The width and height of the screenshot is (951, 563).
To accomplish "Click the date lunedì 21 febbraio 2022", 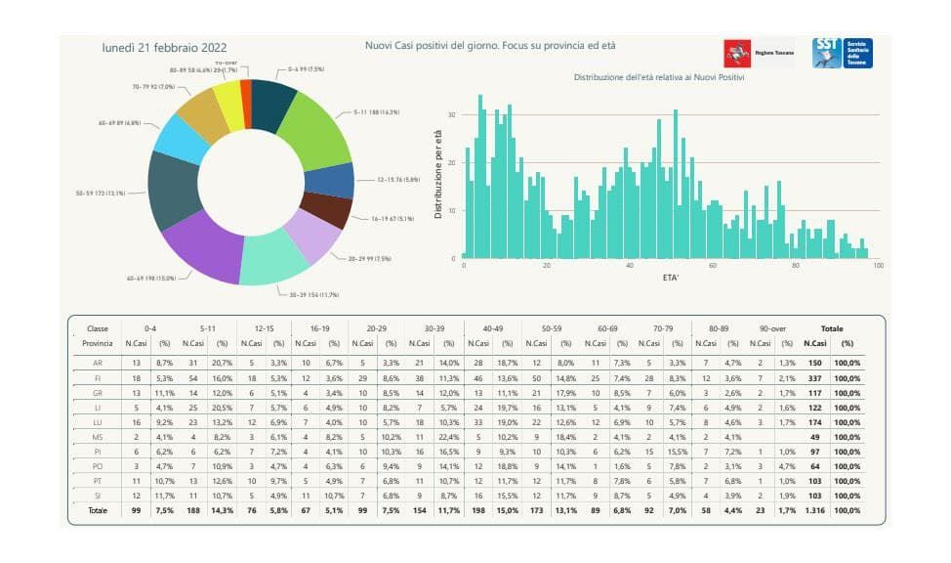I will click(x=165, y=47).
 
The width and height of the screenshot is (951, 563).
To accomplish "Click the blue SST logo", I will click(x=842, y=53).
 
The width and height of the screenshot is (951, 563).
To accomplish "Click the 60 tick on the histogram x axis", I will click(x=713, y=266).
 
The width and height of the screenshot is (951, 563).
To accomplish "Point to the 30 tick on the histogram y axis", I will click(x=452, y=114).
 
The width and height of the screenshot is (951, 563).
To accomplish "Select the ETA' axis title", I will click(x=673, y=278).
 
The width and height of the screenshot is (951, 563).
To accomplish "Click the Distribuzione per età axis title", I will click(x=438, y=174).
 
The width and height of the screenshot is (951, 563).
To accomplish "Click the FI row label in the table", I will click(x=98, y=378).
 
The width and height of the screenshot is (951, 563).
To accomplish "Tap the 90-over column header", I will click(x=771, y=328).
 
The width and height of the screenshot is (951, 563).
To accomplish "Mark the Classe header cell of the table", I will click(x=98, y=328).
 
